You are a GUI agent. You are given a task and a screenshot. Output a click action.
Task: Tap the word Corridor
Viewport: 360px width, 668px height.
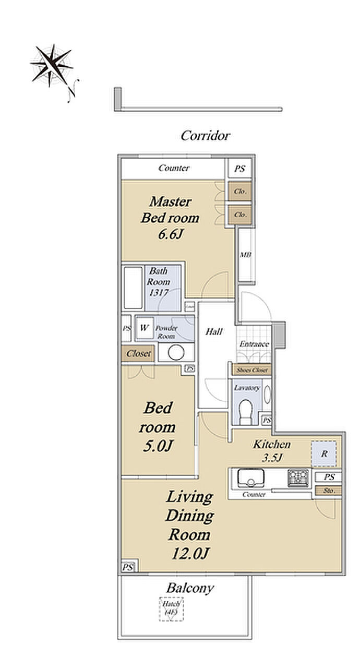pos(205,136)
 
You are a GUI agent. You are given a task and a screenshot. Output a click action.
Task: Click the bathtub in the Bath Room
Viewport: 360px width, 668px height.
pos(133,288)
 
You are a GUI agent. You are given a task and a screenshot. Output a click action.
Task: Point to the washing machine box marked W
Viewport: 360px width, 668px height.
pos(144,329)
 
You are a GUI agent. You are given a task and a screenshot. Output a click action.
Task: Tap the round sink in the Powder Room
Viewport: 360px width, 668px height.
pos(176,352)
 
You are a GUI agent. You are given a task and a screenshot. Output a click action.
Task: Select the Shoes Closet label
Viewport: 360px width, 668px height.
pos(252,370)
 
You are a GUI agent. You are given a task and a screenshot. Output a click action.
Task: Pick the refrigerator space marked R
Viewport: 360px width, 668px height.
pos(324,454)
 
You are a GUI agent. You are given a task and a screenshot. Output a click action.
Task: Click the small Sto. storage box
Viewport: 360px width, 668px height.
pos(328,491)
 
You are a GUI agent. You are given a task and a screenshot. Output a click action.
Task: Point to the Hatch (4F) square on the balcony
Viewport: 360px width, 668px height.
pos(171,609)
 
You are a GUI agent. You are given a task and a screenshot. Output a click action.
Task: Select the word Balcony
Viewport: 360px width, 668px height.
pos(190,588)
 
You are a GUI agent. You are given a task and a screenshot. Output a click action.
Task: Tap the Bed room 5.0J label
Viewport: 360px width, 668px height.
pos(157,426)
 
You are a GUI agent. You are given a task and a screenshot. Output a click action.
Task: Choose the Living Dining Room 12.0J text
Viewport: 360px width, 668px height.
pos(189,524)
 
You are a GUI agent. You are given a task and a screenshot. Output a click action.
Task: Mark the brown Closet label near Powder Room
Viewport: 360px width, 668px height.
pos(138,353)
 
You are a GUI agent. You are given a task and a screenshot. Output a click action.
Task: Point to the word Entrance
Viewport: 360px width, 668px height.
pos(254,344)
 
